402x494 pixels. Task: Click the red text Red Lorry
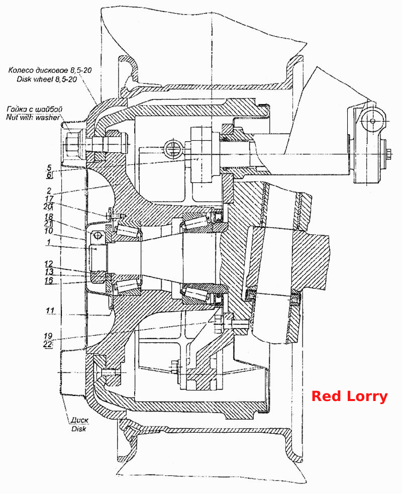(x=349, y=397)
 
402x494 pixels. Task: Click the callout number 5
(x=49, y=167)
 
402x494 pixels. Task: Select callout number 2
(x=49, y=190)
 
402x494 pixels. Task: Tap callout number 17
(x=49, y=199)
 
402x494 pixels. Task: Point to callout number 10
(x=49, y=231)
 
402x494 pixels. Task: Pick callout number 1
(x=48, y=242)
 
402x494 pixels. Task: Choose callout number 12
(x=49, y=264)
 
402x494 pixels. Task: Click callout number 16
(x=49, y=280)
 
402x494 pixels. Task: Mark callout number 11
(x=50, y=311)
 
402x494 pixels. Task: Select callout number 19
(x=48, y=336)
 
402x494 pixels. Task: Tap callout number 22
(x=48, y=344)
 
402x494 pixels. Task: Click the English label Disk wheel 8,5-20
(x=47, y=79)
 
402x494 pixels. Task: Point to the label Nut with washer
(x=33, y=117)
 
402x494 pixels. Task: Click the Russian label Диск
(x=79, y=420)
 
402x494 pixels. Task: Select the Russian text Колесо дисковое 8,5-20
(x=50, y=70)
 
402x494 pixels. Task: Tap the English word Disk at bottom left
(x=79, y=429)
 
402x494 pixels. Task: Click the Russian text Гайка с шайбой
(x=34, y=109)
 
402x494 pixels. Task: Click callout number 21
(x=48, y=223)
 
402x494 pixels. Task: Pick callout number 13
(x=49, y=271)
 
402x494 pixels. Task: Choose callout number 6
(x=49, y=175)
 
